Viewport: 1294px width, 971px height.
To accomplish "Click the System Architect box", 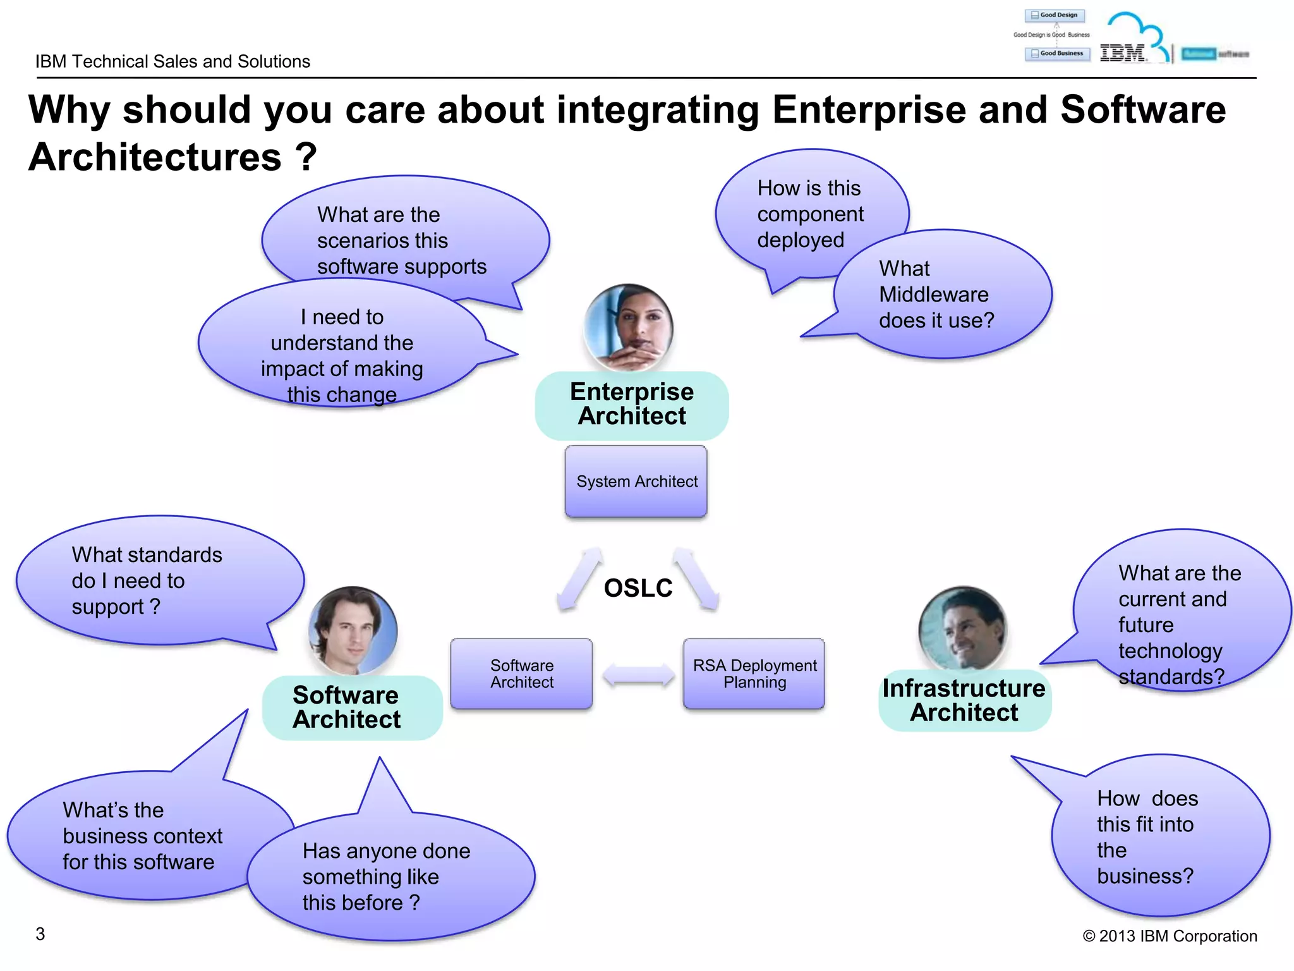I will coord(636,482).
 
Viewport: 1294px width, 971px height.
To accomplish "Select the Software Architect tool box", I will coord(521,674).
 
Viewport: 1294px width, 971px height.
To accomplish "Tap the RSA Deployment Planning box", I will coord(754,674).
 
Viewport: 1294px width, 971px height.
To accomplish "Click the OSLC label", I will coord(638,589).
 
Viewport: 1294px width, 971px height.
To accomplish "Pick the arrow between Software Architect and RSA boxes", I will coord(638,675).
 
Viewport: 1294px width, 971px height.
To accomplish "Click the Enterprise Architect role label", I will coord(631,405).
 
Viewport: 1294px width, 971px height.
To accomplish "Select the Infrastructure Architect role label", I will coord(964,700).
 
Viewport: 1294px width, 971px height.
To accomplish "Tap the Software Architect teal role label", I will coord(346,708).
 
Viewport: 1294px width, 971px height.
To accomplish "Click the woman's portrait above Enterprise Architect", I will coord(628,327).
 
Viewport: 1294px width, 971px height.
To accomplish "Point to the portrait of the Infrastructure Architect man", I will coord(962,629).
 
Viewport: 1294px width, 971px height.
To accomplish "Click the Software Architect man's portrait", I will coord(353,630).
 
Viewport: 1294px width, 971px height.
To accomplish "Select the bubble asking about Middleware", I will coord(941,295).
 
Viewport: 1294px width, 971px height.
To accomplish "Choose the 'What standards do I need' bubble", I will coord(152,581).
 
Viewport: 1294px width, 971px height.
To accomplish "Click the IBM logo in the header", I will coord(1123,53).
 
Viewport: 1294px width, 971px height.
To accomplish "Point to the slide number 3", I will coord(40,934).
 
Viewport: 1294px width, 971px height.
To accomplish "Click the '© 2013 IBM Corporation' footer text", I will coord(1170,936).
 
